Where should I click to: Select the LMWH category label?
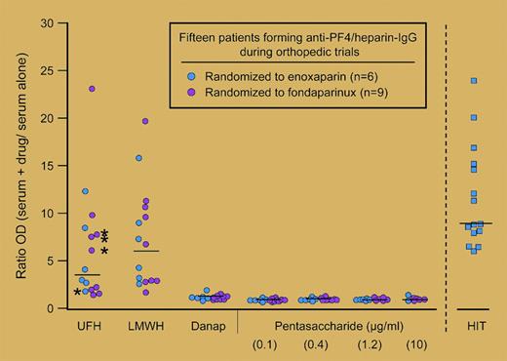[146, 324]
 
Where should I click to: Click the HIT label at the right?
[475, 324]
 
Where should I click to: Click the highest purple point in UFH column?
[93, 89]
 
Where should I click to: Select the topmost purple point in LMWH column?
[145, 122]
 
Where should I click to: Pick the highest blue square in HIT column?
[475, 81]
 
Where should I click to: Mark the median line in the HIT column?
[475, 223]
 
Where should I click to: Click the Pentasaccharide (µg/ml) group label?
[338, 324]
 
